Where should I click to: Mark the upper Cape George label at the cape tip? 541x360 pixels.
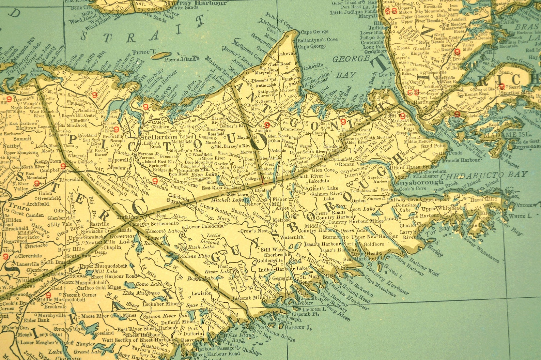(315, 32)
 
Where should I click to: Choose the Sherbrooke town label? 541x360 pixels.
(272, 255)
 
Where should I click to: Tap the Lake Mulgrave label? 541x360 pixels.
(141, 293)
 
